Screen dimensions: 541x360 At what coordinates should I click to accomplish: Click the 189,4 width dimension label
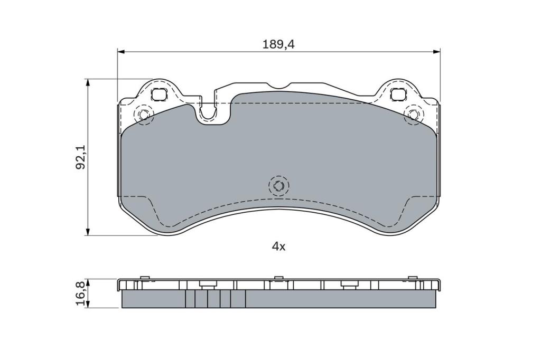278,44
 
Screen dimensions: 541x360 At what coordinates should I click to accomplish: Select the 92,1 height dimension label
81,157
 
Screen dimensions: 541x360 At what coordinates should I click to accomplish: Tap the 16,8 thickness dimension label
80,293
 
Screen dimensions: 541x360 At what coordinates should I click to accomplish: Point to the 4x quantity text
279,246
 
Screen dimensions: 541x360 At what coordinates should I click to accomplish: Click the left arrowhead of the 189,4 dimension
121,52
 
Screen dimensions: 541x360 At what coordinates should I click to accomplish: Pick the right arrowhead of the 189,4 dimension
437,52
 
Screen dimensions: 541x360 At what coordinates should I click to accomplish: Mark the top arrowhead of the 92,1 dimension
89,82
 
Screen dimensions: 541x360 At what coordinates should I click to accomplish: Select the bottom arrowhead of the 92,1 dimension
89,232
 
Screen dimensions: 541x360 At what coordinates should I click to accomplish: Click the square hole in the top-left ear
159,94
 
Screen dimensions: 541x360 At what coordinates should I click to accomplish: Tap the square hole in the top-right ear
398,94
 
